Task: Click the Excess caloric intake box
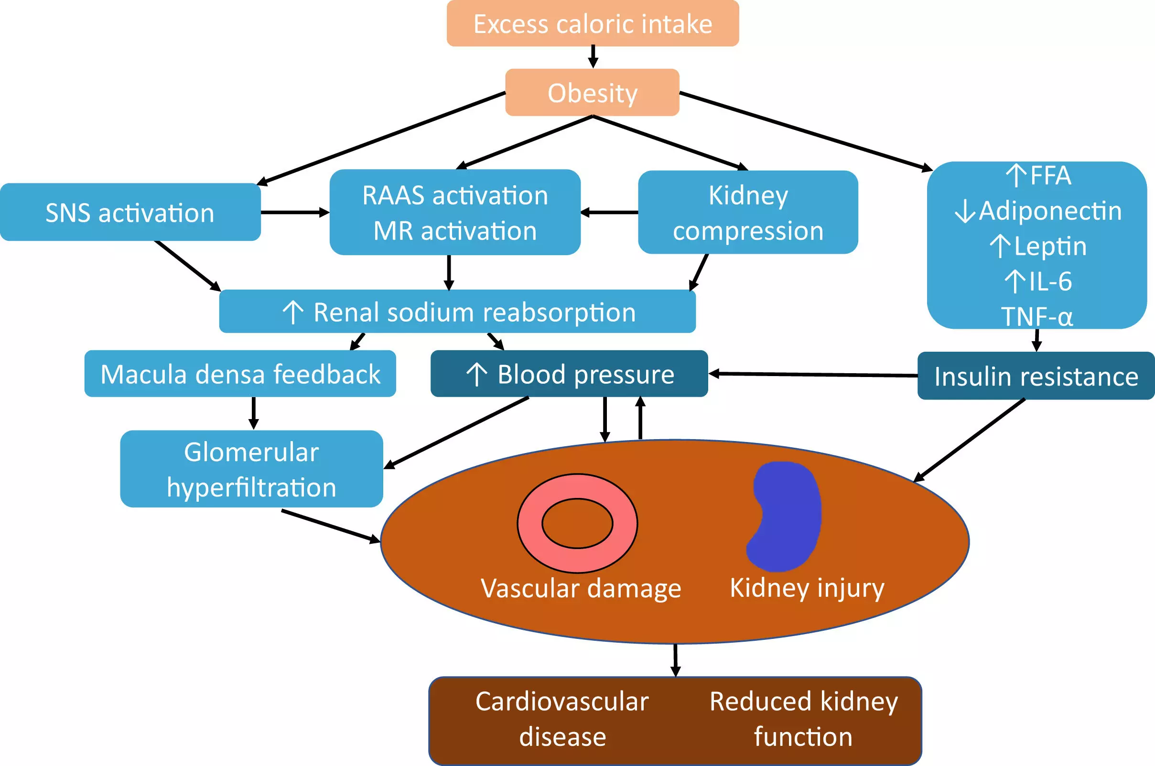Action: click(592, 23)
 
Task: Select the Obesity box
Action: click(592, 92)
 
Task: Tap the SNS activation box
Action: click(130, 213)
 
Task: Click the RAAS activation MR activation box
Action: click(455, 213)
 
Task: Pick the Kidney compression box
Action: click(747, 213)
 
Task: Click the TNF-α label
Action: click(1037, 316)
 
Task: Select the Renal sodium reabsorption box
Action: click(457, 312)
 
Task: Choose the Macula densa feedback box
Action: click(240, 374)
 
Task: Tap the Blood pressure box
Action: click(569, 374)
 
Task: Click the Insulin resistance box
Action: click(1036, 376)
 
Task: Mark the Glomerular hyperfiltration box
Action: click(251, 469)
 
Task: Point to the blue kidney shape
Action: click(785, 517)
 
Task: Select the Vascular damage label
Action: click(581, 588)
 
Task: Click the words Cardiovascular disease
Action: click(562, 719)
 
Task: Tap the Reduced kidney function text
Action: click(803, 719)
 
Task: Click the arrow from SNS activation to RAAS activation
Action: click(295, 213)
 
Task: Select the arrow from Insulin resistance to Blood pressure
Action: click(812, 375)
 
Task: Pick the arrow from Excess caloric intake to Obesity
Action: click(593, 57)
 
